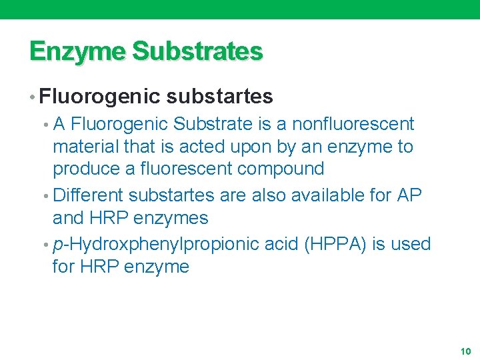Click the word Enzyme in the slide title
(77, 51)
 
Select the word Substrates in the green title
(198, 51)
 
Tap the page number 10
(465, 351)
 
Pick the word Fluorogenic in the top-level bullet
(100, 97)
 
